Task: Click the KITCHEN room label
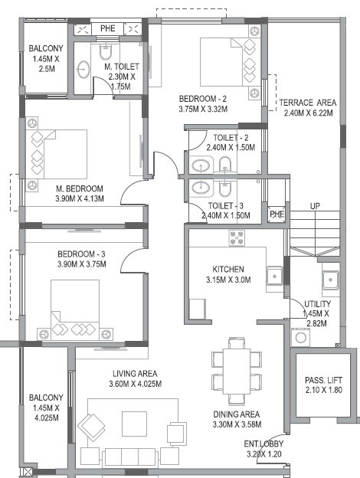coord(228,269)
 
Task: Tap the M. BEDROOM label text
coord(79,188)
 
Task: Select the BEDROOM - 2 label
coord(204,99)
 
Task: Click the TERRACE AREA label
coord(307,103)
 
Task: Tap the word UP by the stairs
coord(315,206)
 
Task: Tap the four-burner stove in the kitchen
coord(236,238)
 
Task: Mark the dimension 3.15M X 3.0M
coord(228,280)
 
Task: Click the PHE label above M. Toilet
coord(107,29)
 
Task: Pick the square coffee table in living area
coord(135,423)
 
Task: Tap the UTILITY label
coord(317,304)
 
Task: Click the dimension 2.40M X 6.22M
coord(307,113)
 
